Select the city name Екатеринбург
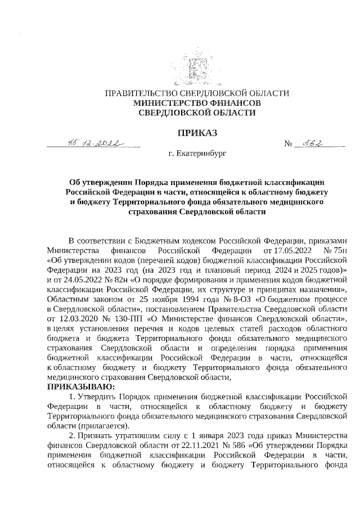tap(200, 154)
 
